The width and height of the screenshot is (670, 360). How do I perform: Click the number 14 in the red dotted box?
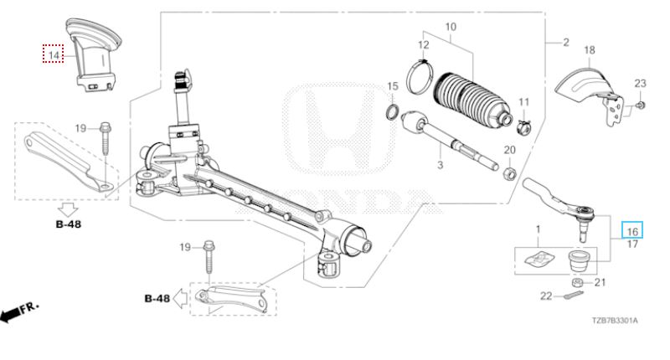point(54,55)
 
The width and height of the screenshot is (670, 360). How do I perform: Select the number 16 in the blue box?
point(632,231)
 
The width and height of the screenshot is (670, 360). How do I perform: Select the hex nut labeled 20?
point(508,173)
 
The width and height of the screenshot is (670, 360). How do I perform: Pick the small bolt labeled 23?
point(639,105)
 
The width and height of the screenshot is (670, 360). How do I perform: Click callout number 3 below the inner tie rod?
point(438,167)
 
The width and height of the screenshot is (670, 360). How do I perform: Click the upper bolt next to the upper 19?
point(106,134)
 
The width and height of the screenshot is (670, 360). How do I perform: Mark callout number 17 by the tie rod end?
point(632,244)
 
